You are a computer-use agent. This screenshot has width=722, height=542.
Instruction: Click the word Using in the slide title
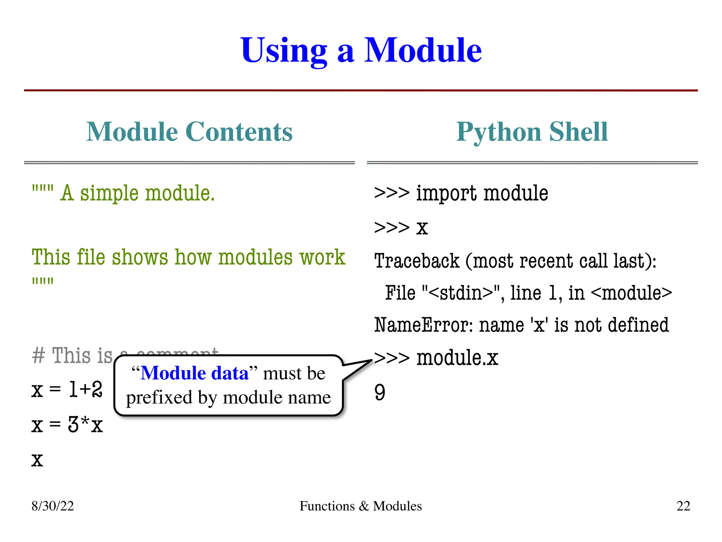tap(283, 51)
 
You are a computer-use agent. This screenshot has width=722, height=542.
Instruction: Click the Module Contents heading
tap(189, 132)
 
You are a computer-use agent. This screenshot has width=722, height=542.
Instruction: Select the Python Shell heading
tap(532, 132)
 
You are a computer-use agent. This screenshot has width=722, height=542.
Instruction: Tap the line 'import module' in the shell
tap(482, 193)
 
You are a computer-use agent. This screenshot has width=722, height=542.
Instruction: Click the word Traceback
tap(417, 261)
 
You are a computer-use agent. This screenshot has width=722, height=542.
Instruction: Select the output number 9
tap(380, 392)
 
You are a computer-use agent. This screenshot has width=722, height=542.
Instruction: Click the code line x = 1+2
tap(67, 390)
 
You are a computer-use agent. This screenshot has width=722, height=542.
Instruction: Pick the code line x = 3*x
tap(67, 424)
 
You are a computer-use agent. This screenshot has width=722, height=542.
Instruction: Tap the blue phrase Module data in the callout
tap(195, 373)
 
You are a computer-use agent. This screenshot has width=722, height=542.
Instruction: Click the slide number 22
tap(683, 506)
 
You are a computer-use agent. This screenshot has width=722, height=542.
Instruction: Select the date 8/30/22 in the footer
tap(53, 506)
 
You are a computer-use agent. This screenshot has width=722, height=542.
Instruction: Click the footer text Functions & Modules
tap(361, 506)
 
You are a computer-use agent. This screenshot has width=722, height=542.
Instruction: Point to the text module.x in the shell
tap(457, 358)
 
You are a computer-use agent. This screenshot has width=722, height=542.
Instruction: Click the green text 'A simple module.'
tap(137, 193)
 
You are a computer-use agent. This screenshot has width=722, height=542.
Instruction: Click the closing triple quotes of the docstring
tap(43, 281)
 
